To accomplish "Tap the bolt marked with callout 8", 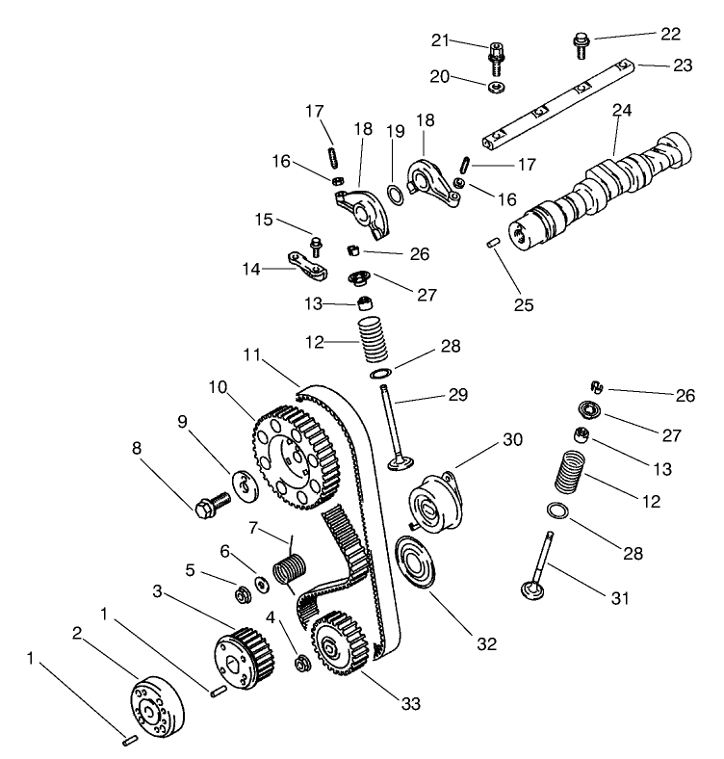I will tap(212, 505).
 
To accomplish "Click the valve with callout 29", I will tap(395, 424).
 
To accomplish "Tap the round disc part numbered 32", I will tap(417, 565).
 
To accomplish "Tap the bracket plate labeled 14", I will tap(306, 265).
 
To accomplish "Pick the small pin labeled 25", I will tap(493, 244).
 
